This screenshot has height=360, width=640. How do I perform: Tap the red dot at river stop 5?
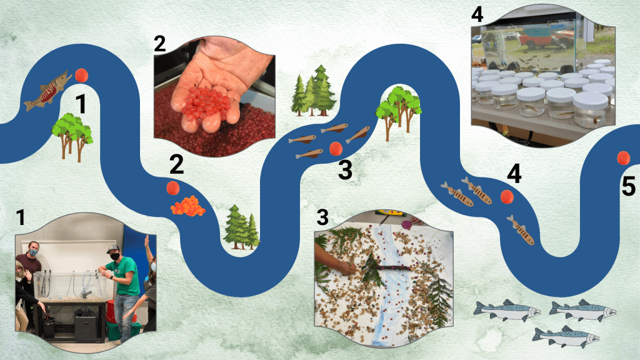(x=623, y=158)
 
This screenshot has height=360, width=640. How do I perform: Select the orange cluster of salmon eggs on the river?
(x=187, y=206)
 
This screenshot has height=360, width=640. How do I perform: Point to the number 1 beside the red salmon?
(x=81, y=104)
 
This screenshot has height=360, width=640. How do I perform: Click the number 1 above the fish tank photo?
(x=21, y=218)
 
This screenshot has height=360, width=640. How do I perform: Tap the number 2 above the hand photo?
(x=160, y=44)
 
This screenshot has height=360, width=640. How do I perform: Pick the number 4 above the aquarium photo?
(x=477, y=14)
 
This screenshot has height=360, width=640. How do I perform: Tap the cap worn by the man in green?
(x=112, y=249)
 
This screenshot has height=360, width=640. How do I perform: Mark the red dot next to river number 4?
(x=507, y=197)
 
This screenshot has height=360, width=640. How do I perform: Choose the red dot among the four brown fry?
(x=336, y=149)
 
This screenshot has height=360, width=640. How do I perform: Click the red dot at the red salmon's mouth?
(x=82, y=76)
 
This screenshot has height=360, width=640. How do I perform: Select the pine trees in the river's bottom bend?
(x=242, y=227)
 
